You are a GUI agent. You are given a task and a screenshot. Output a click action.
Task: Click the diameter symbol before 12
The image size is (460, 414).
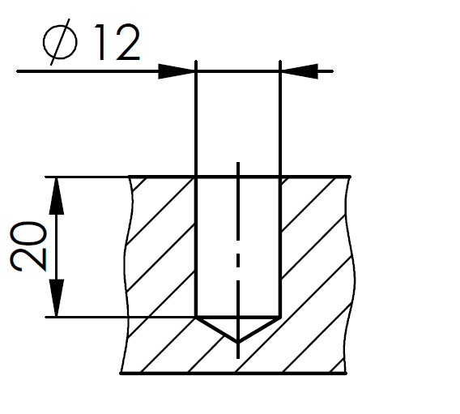coord(60,42)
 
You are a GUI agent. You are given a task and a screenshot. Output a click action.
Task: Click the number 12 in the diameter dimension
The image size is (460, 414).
coord(117,42)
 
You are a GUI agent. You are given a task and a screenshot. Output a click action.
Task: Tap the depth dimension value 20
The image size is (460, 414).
coord(28,246)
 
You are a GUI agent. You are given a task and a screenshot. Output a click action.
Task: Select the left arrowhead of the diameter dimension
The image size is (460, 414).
coord(177,71)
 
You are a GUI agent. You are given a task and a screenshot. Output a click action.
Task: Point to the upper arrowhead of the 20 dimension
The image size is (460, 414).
coord(57,196)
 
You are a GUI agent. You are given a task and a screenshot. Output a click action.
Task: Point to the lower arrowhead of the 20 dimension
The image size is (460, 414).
coord(57,298)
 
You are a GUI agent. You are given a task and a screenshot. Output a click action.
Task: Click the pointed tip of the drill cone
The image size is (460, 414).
coord(238,342)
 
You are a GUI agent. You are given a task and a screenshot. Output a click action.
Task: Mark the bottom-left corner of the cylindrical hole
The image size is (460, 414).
coord(196,317)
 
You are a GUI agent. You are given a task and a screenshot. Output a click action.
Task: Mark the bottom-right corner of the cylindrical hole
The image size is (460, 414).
coord(280,317)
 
